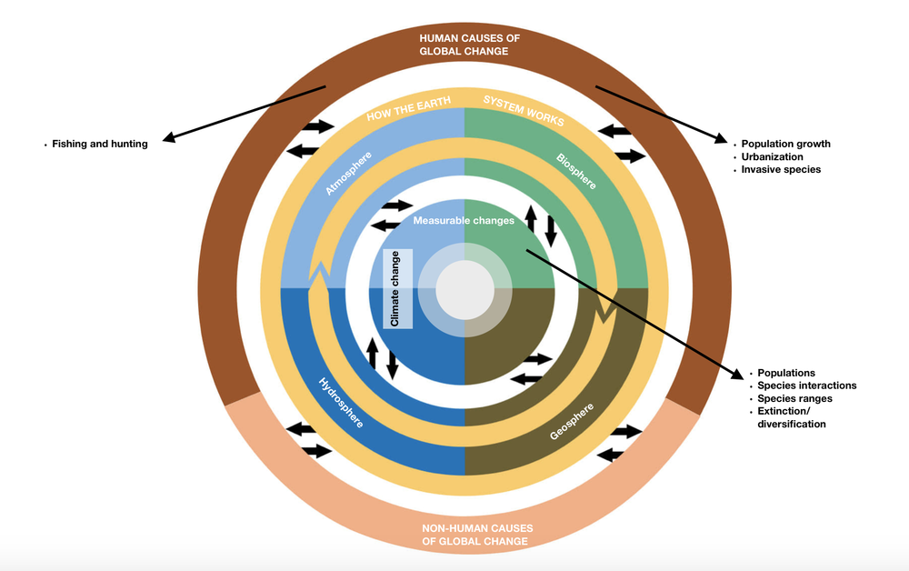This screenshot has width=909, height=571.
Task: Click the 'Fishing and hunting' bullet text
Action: point(99,144)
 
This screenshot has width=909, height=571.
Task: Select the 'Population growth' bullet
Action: point(785,144)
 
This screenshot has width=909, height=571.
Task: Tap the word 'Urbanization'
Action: point(772,156)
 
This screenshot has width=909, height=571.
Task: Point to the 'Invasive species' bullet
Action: point(781,169)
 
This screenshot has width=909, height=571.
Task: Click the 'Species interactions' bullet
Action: point(807,386)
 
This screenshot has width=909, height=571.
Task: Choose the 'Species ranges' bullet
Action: point(794,398)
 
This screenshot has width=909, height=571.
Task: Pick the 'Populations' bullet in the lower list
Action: point(786,373)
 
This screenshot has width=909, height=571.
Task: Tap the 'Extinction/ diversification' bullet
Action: point(791,417)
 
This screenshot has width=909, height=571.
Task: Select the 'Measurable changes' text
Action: point(464,220)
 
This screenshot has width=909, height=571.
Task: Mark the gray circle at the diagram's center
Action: point(464,290)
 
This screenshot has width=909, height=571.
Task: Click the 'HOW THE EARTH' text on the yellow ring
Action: point(404,115)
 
